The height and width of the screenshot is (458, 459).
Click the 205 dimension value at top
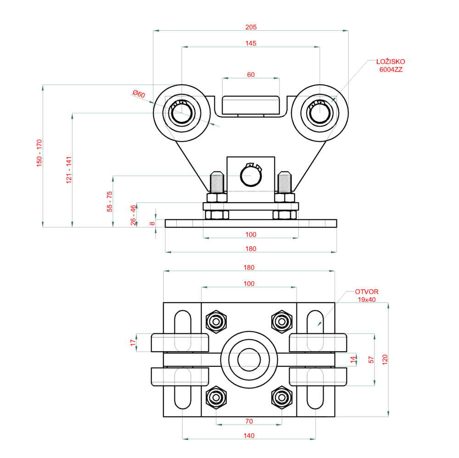click(x=251, y=27)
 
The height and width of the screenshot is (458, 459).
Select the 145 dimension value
click(x=251, y=43)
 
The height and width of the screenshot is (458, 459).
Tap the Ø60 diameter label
click(x=138, y=94)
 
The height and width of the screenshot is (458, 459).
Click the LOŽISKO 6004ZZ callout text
click(x=390, y=66)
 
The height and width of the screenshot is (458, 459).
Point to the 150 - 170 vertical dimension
click(x=39, y=153)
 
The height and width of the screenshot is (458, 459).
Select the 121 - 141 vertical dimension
click(x=69, y=170)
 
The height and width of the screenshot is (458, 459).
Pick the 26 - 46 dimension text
click(x=133, y=215)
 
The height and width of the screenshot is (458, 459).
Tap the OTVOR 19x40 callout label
click(x=366, y=295)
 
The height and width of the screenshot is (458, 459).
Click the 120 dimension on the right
click(x=385, y=359)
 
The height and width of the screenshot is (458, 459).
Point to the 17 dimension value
click(x=133, y=342)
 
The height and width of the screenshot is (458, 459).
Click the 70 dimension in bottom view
click(x=249, y=420)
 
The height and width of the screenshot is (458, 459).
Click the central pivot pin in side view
click(x=251, y=176)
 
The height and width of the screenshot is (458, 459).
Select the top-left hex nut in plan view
click(x=216, y=320)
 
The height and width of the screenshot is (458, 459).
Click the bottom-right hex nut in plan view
click(x=281, y=397)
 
